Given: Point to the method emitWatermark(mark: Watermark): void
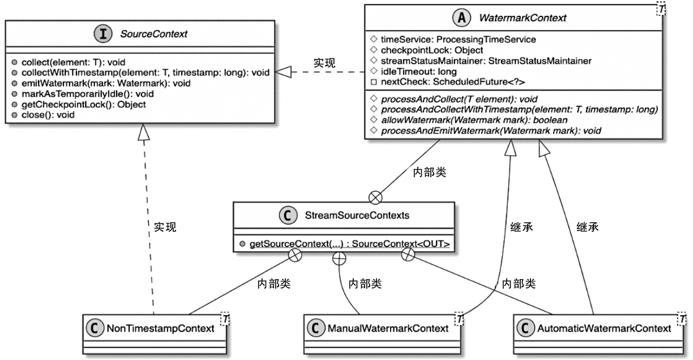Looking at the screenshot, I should (107, 83).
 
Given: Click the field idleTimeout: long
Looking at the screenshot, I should (411, 72).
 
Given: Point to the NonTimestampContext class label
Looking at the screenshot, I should (160, 327).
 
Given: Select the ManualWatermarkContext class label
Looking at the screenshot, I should (387, 327).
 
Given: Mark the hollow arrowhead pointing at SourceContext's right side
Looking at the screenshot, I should (281, 71).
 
